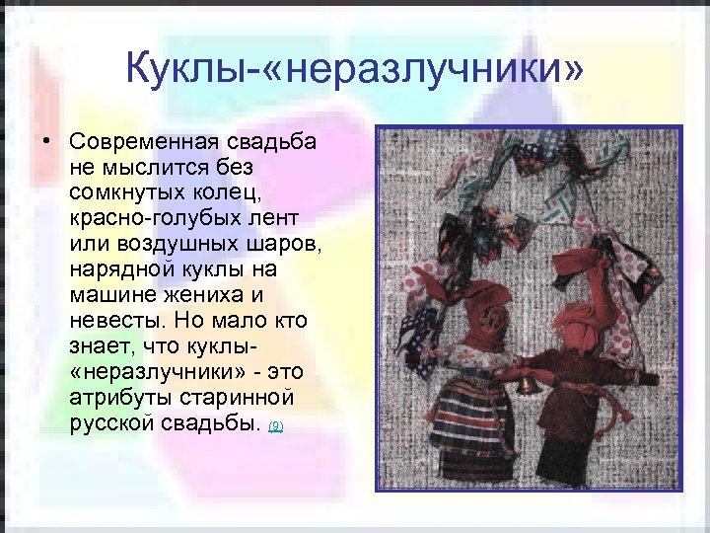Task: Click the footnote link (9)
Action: click(276, 425)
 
